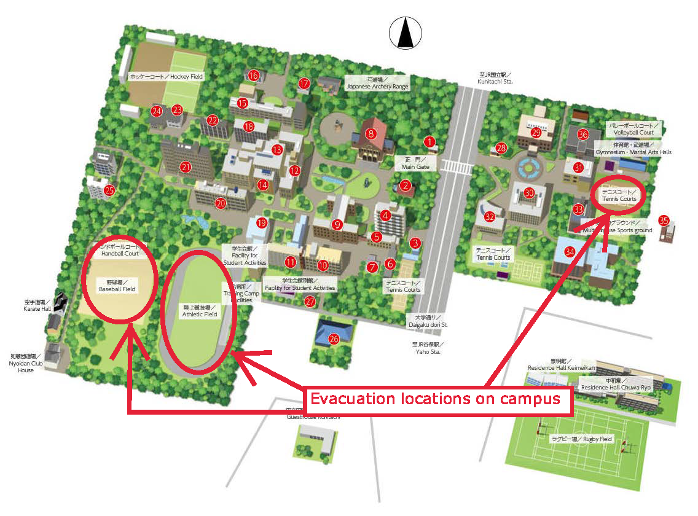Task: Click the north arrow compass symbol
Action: tap(404, 33)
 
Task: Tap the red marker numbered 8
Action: tap(371, 133)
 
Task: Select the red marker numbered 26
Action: tap(334, 338)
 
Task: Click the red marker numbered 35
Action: tap(664, 220)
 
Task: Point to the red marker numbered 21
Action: tap(186, 166)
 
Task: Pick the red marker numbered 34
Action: tap(570, 251)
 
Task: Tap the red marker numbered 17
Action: tap(304, 84)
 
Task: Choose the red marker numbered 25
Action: tap(109, 190)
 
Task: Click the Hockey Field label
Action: tap(166, 77)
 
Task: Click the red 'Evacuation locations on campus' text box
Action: tap(435, 399)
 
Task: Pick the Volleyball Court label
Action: tap(633, 129)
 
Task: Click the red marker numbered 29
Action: tap(536, 133)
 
